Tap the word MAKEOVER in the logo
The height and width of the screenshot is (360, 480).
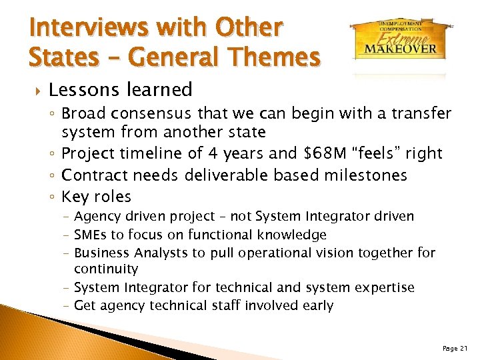pos(400,48)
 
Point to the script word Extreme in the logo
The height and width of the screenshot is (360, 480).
pos(400,36)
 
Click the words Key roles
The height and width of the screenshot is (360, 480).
pos(97,197)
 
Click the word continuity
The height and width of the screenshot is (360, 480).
pos(106,269)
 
